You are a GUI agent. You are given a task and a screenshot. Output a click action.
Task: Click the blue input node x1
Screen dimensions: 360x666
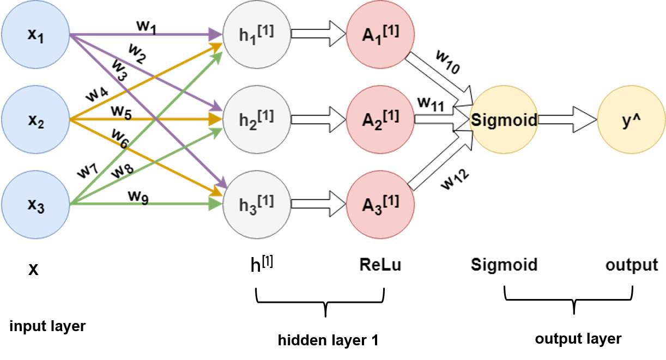tap(35, 34)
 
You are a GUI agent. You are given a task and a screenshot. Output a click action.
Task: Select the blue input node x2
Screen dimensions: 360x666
tap(35, 119)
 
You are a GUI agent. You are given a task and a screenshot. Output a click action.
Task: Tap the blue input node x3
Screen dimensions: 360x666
tap(35, 204)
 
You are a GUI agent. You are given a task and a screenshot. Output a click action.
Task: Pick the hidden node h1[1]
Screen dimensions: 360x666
tap(257, 34)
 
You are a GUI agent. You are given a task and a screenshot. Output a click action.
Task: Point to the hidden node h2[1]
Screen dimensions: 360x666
tap(257, 119)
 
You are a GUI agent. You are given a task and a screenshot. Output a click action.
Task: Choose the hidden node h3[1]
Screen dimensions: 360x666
tap(257, 204)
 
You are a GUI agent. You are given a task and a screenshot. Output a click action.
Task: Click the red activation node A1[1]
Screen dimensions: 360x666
tap(380, 34)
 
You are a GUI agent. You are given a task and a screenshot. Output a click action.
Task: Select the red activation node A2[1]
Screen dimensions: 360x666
tap(380, 119)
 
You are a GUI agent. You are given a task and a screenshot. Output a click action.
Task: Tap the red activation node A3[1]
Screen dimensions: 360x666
tap(380, 204)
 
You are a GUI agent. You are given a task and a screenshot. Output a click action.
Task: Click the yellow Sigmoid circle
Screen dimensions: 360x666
tap(504, 119)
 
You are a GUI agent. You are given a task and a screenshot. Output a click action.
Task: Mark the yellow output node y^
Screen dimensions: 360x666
tap(631, 119)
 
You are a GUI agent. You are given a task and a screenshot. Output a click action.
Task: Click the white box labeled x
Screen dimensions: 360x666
tap(65, 273)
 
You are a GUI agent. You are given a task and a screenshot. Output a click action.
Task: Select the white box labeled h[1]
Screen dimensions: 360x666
tap(254, 273)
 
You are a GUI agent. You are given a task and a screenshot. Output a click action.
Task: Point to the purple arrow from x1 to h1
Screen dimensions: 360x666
tap(180, 35)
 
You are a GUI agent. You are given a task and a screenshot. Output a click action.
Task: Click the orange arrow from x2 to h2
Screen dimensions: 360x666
tap(180, 118)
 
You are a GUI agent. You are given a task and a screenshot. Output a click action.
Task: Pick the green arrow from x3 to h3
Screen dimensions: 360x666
tap(180, 204)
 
